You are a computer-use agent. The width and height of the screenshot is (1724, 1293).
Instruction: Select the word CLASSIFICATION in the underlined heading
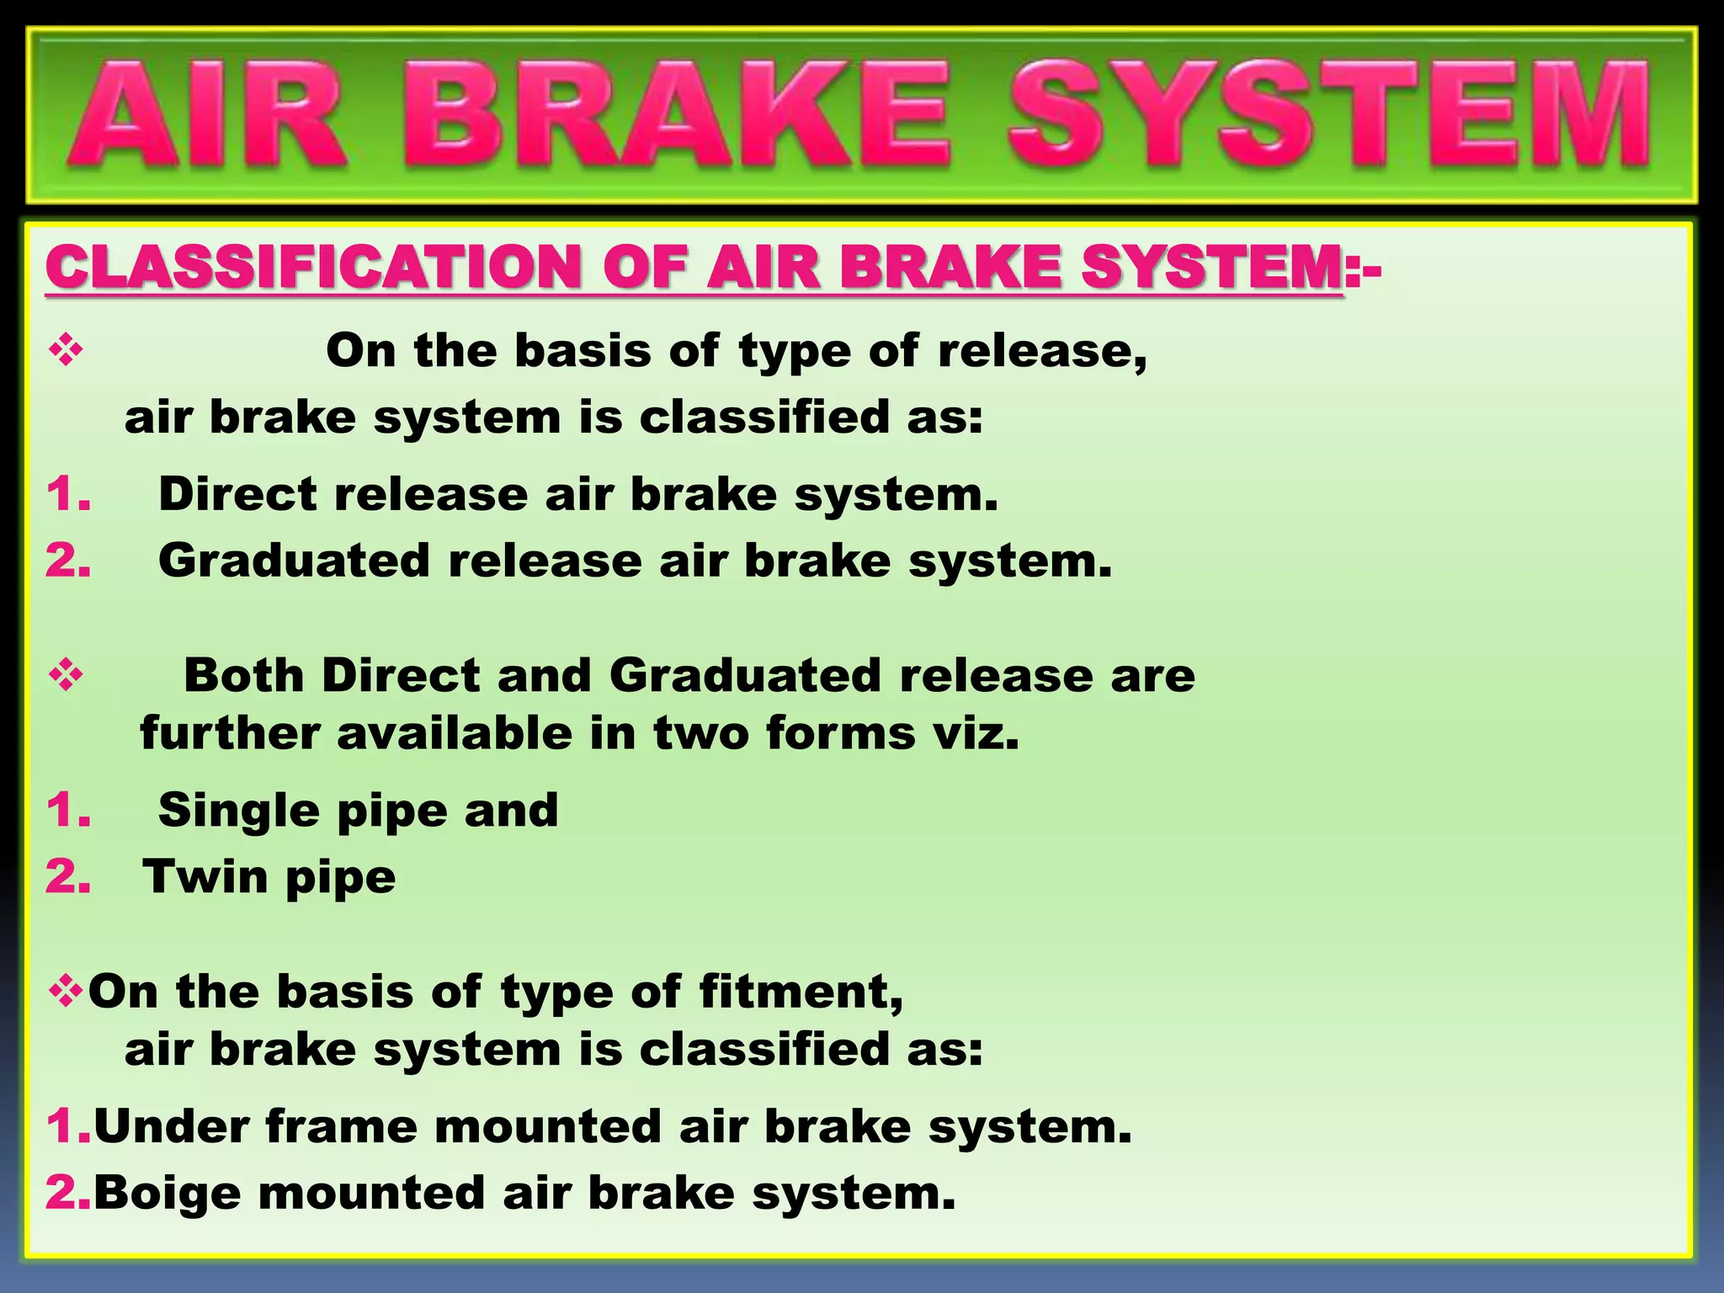pyautogui.click(x=313, y=268)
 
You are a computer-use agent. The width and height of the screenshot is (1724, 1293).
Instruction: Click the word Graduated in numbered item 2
pyautogui.click(x=294, y=561)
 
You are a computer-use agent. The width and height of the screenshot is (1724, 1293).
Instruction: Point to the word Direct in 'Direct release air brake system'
pyautogui.click(x=237, y=493)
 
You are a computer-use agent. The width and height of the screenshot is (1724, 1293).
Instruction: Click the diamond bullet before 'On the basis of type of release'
pyautogui.click(x=67, y=350)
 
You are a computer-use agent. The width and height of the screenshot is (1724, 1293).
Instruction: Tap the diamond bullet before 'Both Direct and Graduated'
pyautogui.click(x=67, y=675)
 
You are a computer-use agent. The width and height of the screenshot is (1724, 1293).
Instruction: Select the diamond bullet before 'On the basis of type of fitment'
pyautogui.click(x=67, y=991)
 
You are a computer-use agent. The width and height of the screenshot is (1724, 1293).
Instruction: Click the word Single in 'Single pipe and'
pyautogui.click(x=239, y=811)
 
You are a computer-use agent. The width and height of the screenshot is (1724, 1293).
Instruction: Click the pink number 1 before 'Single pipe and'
pyautogui.click(x=67, y=811)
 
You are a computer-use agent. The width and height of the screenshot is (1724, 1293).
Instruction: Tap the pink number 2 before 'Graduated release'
pyautogui.click(x=67, y=561)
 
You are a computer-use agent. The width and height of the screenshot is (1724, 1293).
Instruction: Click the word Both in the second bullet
pyautogui.click(x=244, y=675)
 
